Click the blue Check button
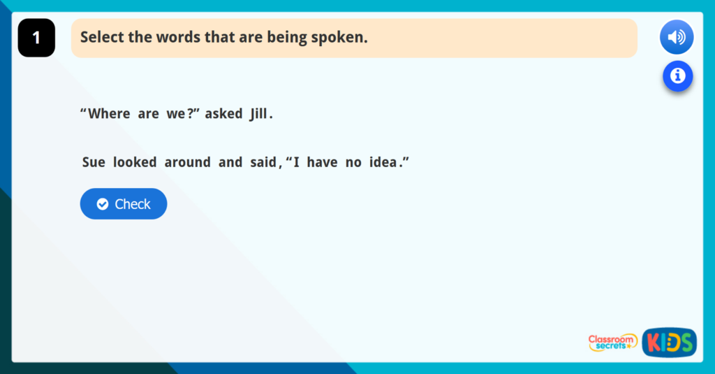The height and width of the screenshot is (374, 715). (x=124, y=204)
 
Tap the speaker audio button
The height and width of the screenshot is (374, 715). (x=676, y=37)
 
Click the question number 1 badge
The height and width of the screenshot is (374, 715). (x=36, y=38)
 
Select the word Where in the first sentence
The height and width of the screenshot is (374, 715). (x=109, y=114)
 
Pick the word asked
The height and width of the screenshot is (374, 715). (x=223, y=114)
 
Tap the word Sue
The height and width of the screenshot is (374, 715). (x=94, y=162)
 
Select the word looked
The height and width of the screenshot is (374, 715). (x=134, y=162)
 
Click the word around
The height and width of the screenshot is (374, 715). (x=187, y=162)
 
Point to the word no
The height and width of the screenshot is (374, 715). (x=353, y=162)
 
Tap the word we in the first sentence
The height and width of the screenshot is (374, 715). (x=175, y=114)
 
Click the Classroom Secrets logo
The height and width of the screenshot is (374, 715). (x=612, y=342)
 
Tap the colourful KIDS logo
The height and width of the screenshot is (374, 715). (x=669, y=342)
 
